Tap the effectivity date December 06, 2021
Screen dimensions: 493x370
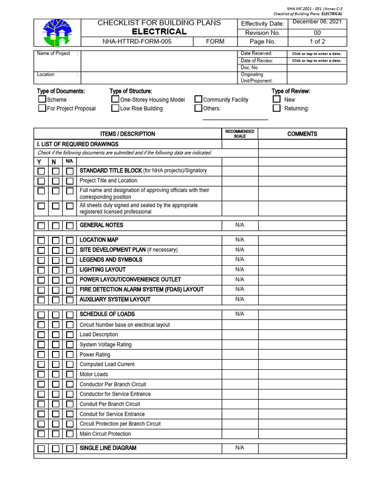(317, 23)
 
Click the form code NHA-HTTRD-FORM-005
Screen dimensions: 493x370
(137, 41)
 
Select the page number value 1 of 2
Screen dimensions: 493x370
(317, 41)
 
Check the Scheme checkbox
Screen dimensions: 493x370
(42, 99)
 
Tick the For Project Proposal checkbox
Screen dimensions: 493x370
(42, 108)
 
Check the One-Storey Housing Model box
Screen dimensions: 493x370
(115, 99)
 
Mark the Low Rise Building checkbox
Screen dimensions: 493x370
(115, 108)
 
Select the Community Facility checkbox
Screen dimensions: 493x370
(198, 99)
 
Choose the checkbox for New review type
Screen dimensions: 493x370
(277, 99)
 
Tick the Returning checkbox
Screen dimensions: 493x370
(277, 108)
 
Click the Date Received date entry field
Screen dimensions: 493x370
(317, 54)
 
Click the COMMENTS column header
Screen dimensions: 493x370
(302, 134)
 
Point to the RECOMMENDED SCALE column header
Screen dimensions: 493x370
(239, 134)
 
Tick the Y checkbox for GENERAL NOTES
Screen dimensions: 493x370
(41, 226)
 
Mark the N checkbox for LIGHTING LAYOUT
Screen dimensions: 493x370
(56, 270)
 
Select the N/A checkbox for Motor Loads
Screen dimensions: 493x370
(70, 375)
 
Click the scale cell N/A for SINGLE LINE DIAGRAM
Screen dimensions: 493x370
(239, 448)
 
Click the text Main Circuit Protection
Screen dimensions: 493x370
(105, 434)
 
